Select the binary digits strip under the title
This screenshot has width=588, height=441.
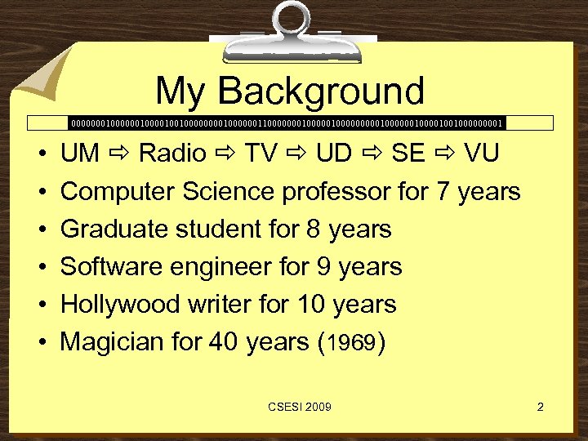pos(287,123)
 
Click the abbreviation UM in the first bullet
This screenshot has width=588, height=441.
pos(80,154)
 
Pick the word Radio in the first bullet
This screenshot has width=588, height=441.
pos(172,154)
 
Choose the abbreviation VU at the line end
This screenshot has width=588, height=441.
pos(483,154)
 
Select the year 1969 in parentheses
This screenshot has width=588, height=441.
pos(350,343)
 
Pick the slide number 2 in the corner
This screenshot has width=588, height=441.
pos(540,406)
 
